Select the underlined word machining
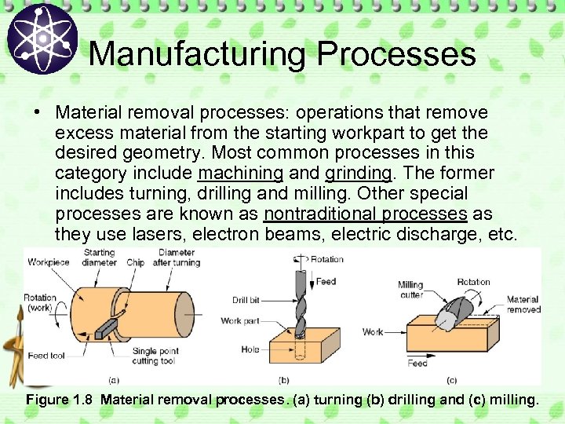(x=241, y=173)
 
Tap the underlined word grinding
(x=358, y=173)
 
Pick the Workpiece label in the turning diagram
(x=49, y=261)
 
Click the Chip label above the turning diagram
(x=136, y=261)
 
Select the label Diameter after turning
(x=178, y=258)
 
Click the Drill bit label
(x=250, y=300)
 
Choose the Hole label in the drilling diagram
(x=250, y=349)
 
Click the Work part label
(x=242, y=320)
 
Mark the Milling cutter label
(x=410, y=290)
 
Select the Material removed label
(x=523, y=304)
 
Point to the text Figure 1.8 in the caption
(x=60, y=400)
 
